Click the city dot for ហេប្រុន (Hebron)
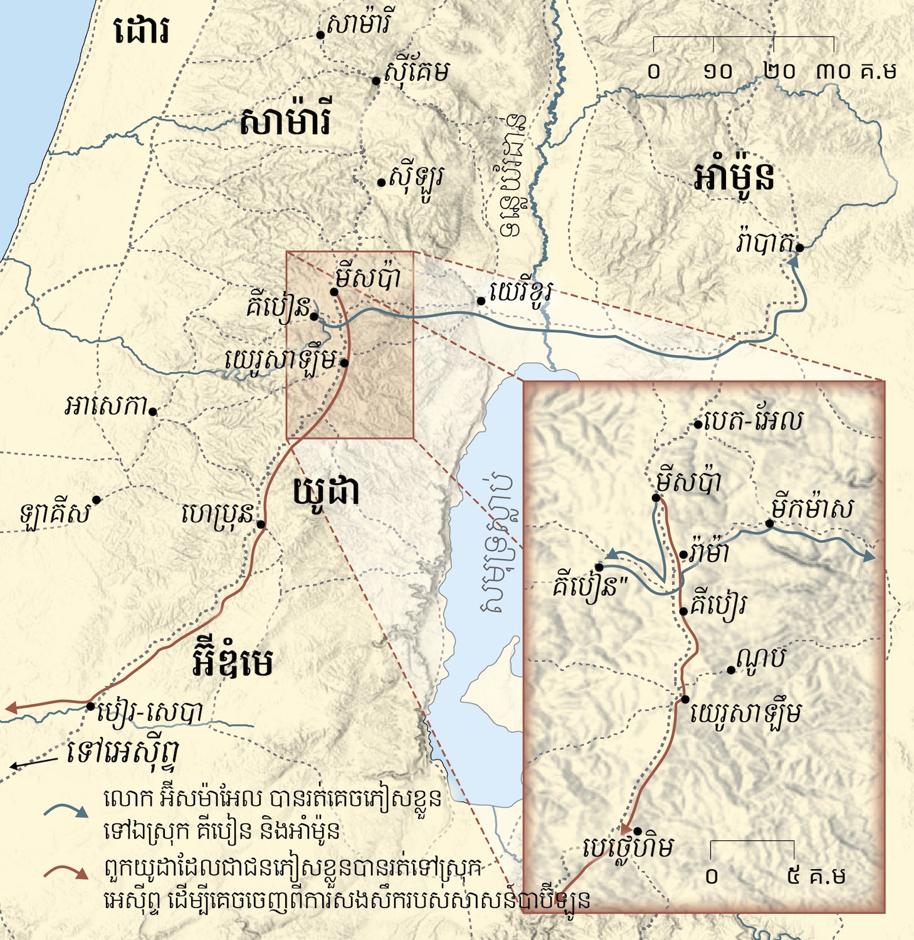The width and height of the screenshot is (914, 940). pyautogui.click(x=261, y=525)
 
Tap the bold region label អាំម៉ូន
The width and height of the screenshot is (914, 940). pyautogui.click(x=734, y=177)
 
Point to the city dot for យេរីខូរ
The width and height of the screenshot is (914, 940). pyautogui.click(x=481, y=301)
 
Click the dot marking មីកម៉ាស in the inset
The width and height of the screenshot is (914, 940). pyautogui.click(x=770, y=524)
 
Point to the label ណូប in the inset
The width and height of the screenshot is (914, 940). pyautogui.click(x=760, y=659)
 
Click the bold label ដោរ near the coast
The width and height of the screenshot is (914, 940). pyautogui.click(x=142, y=31)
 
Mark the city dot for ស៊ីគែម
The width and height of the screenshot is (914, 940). pyautogui.click(x=376, y=81)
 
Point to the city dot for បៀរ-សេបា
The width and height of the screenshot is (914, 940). pyautogui.click(x=91, y=706)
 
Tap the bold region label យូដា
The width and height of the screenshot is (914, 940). pyautogui.click(x=326, y=493)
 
